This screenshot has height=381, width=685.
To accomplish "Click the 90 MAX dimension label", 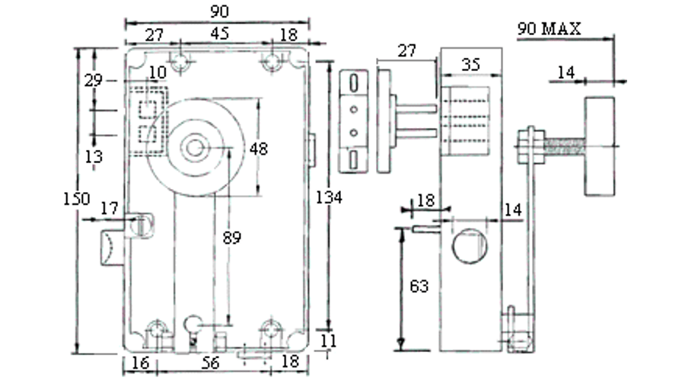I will tap(549, 29).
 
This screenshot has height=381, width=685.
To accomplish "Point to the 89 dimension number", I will tap(232, 237).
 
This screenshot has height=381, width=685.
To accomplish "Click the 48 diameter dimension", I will tap(259, 149).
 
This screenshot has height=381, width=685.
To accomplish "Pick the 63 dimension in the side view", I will tap(419, 287).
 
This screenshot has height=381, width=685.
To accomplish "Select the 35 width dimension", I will tap(471, 66).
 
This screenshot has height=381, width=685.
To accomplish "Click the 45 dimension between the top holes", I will tap(220, 34).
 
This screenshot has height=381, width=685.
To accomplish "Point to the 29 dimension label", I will tap(94, 79).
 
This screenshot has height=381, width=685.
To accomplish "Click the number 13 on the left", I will tap(94, 156).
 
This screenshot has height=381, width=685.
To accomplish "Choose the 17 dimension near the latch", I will tap(109, 207).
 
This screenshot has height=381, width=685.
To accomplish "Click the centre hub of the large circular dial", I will tap(196, 146).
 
